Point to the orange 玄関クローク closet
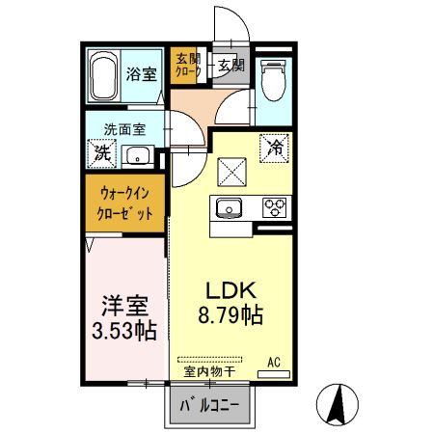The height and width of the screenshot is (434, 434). pyautogui.click(x=186, y=65)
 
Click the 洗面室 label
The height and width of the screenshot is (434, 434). pyautogui.click(x=124, y=125)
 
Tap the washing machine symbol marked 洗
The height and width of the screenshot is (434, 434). pyautogui.click(x=100, y=151)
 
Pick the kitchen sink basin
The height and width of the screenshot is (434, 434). pyautogui.click(x=232, y=206)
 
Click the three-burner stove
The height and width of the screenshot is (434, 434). pyautogui.click(x=275, y=206)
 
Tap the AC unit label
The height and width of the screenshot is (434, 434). pyautogui.click(x=273, y=362)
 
